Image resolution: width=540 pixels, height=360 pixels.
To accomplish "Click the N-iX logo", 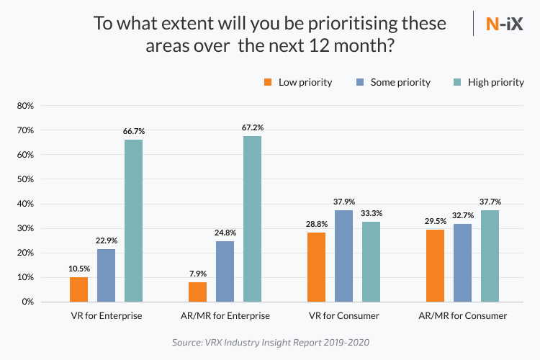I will click(x=505, y=23).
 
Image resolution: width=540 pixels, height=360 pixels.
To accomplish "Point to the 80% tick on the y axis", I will click(x=26, y=106).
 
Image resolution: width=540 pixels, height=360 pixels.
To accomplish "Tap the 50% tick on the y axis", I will click(x=26, y=179).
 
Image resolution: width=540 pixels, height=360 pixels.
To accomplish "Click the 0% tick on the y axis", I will click(x=28, y=302).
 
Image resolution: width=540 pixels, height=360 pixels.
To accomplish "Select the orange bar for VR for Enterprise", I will click(x=79, y=289).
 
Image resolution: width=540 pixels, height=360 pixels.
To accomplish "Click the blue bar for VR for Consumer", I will click(x=344, y=256).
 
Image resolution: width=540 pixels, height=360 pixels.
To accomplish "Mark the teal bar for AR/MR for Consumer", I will click(x=490, y=256).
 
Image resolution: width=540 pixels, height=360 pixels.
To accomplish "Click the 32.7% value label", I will click(x=462, y=215).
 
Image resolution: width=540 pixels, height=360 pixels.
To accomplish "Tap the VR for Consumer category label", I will click(x=343, y=315).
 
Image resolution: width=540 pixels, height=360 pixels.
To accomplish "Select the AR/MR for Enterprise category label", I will click(x=225, y=315).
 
